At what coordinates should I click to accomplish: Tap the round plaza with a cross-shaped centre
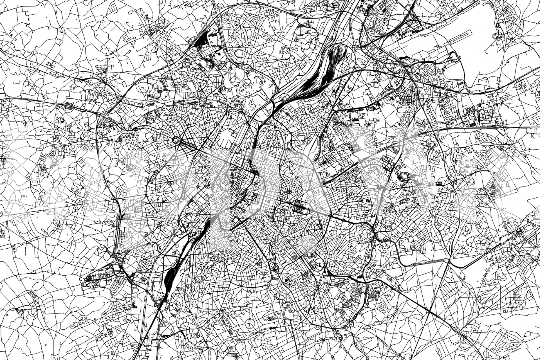(289, 192)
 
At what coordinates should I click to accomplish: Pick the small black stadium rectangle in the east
(439, 183)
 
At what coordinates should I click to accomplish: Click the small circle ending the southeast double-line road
(465, 267)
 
